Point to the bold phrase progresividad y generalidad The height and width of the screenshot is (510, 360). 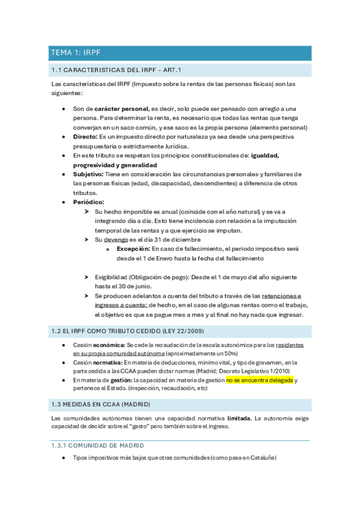(x=115, y=165)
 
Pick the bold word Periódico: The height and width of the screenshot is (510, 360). (x=88, y=202)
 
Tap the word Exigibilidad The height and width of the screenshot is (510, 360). (x=110, y=277)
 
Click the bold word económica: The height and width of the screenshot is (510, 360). (x=108, y=345)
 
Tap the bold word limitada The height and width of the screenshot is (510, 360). (x=240, y=417)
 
